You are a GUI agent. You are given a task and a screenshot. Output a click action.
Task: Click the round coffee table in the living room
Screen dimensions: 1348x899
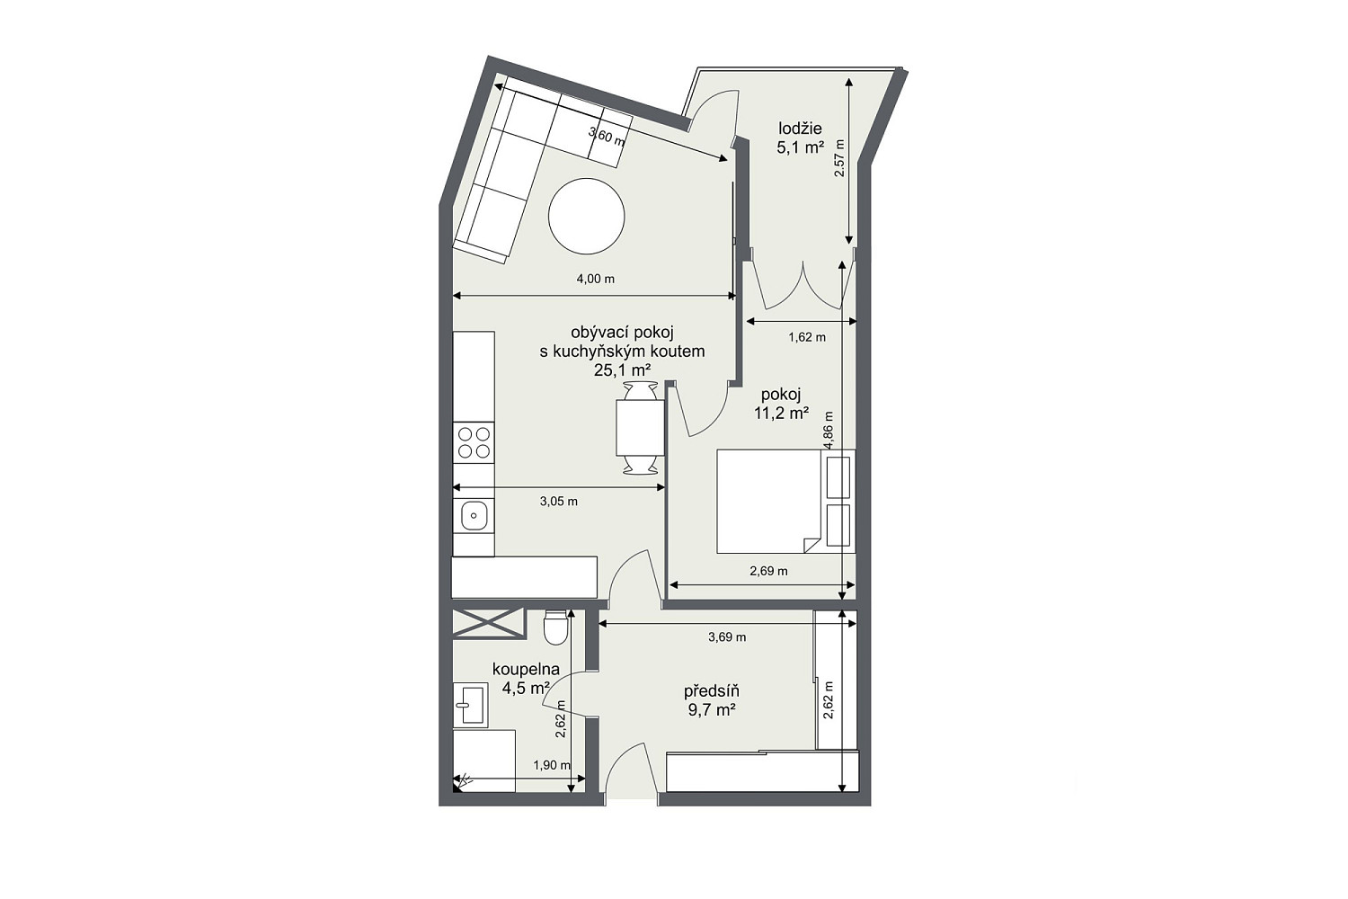click(586, 216)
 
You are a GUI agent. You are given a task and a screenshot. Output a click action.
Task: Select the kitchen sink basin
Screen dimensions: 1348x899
click(474, 516)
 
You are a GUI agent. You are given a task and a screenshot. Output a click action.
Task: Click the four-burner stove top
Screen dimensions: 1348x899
click(474, 442)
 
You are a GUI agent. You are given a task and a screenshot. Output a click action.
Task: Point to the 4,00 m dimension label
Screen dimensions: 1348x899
click(595, 279)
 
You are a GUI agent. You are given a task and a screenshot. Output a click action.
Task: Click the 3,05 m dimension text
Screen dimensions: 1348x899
click(558, 501)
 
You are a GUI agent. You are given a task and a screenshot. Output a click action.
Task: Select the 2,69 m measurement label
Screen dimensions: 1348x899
click(768, 571)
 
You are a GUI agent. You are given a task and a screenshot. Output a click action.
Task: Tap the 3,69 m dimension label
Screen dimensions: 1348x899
click(727, 637)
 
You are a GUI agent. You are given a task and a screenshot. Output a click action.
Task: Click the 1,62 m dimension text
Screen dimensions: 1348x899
click(807, 337)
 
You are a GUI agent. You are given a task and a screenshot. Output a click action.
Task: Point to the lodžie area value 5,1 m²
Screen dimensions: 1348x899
click(800, 147)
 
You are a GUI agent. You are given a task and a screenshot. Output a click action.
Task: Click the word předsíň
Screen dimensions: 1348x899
click(712, 690)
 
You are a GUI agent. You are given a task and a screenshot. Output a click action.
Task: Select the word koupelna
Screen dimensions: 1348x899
click(526, 669)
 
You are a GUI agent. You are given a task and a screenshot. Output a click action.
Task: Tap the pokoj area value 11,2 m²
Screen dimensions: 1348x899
click(781, 413)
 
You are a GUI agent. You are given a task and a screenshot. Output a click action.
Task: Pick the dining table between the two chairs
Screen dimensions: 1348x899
click(640, 428)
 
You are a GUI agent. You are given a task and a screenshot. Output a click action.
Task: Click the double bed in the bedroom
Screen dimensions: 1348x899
click(785, 501)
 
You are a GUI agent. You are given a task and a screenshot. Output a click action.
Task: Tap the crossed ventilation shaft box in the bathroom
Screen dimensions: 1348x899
click(489, 623)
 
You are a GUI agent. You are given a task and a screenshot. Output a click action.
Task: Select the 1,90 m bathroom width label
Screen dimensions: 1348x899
click(552, 765)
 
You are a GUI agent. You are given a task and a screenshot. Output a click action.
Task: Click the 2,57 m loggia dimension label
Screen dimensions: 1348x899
click(839, 158)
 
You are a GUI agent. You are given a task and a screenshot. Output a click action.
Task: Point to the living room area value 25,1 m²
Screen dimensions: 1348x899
click(622, 370)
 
